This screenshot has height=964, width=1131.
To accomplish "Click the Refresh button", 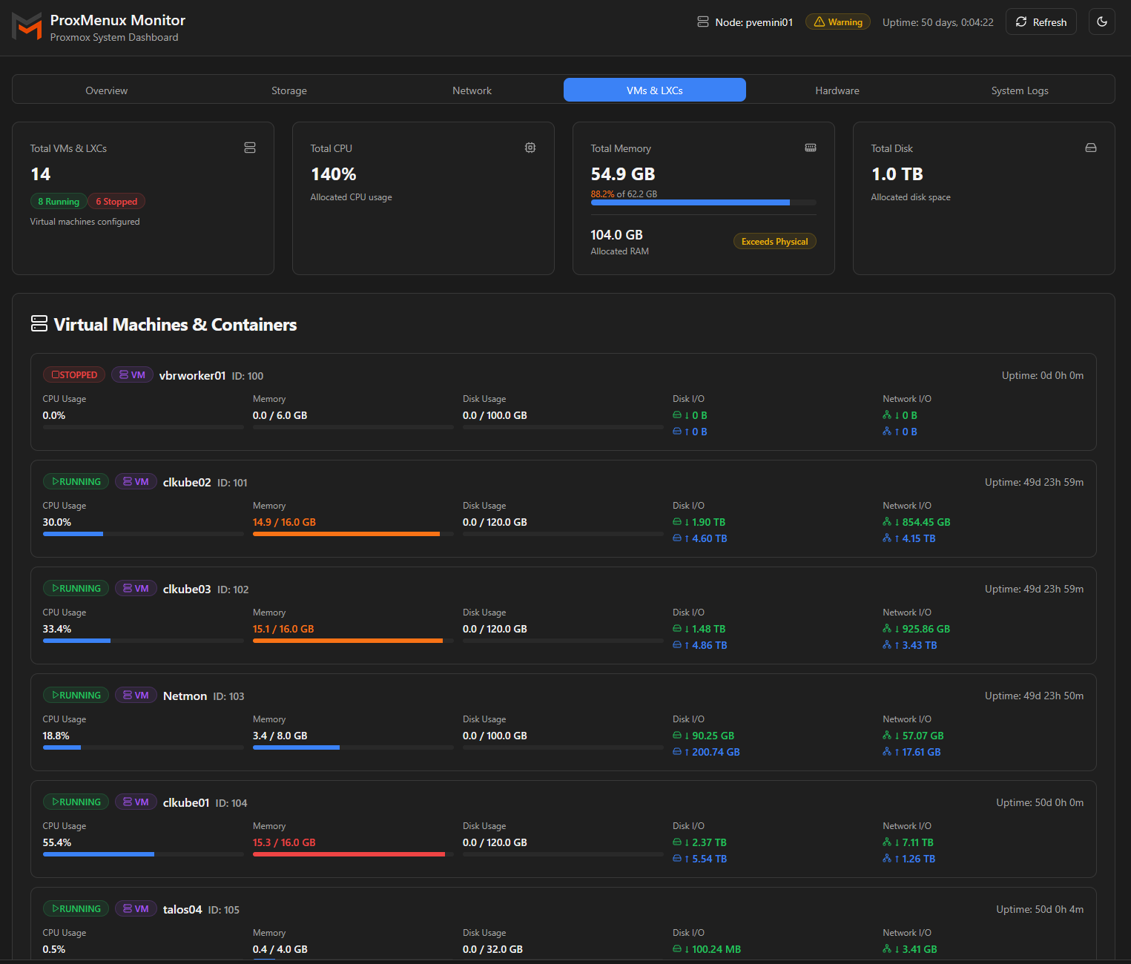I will coord(1041,22).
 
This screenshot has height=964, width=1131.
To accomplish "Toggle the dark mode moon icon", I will coord(1101,22).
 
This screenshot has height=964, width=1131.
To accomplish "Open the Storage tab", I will coord(289,90).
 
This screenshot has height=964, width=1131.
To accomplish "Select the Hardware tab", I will coord(837,90).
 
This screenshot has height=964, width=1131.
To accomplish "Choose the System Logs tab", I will coord(1020,90).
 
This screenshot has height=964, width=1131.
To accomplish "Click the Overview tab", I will coord(106,90).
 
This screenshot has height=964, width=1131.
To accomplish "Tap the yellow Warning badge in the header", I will coord(838,22).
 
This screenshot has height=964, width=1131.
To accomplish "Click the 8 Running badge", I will coord(58,202).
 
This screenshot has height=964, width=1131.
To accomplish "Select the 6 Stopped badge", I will coord(116,202).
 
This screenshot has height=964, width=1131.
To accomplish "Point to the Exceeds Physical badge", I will coord(774,242).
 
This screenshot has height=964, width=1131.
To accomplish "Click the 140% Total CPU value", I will coord(334,174).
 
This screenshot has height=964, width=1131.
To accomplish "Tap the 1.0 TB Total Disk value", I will coord(897,174).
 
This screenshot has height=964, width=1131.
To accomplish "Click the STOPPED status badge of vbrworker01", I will coord(74,375).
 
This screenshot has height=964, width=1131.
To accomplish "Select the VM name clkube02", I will coord(187,483).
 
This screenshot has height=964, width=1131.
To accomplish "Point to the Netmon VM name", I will coord(185,696).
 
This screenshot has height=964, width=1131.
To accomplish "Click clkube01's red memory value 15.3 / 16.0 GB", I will coord(284,842).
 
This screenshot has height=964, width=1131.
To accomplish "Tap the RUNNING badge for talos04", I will coord(76,909).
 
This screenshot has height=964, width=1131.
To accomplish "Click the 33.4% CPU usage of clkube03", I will coord(57,629).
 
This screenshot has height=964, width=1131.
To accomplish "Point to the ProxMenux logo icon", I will coord(27,27).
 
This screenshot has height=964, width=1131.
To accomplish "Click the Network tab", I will coord(472,90).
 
